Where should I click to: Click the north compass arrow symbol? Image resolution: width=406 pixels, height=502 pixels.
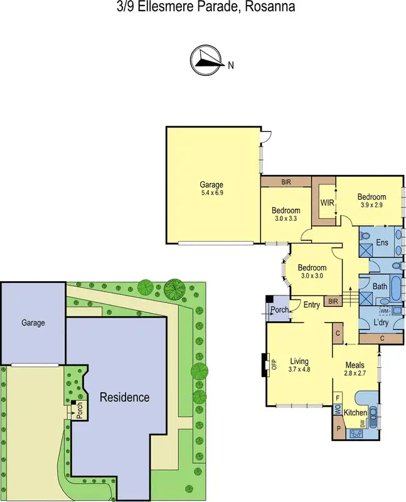[206, 60]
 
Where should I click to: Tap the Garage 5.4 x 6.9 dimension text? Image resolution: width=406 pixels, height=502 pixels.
[211, 193]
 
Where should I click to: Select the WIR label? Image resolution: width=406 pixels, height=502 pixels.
[327, 203]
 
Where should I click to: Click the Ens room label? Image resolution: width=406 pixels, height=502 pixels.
[383, 242]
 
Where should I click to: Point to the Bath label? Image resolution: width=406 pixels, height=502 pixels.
[380, 286]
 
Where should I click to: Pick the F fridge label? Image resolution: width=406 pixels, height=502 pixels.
[338, 398]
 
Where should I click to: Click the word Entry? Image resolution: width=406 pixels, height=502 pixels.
[311, 305]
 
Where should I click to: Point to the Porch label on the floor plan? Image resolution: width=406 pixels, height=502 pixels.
[279, 311]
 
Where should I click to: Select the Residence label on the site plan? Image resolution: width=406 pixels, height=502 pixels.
[125, 397]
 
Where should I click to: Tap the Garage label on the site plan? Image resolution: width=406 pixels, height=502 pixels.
[33, 323]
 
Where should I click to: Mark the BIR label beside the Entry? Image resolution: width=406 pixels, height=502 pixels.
[333, 302]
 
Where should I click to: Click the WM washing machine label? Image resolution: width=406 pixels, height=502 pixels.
[385, 311]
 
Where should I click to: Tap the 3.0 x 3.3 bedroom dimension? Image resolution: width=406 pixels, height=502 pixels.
[286, 219]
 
